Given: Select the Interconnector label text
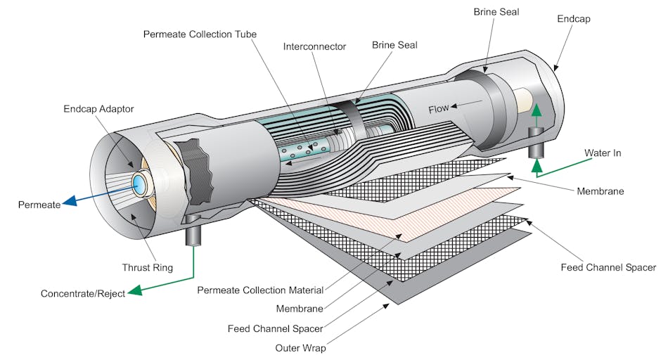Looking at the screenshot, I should (314, 46).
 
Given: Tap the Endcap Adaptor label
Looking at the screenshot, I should (98, 109).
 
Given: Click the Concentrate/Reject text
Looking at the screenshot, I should (83, 293).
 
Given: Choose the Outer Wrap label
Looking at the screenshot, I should (300, 347).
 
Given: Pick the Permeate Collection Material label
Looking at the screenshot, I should (260, 290).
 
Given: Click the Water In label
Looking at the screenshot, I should (603, 153).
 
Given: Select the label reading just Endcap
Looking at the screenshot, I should (573, 19).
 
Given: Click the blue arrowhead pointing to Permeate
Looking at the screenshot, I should (70, 204).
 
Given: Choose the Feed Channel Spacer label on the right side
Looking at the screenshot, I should (608, 267).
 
